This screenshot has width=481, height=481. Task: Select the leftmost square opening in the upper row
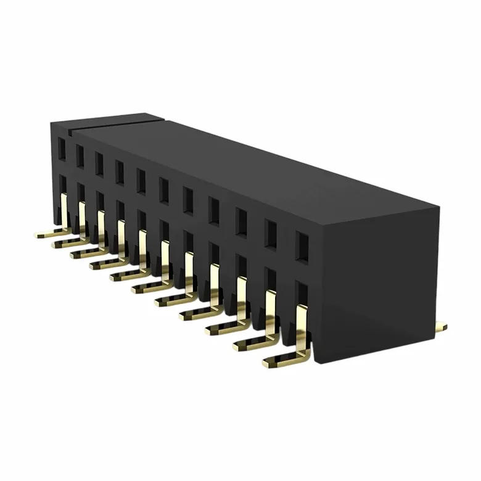coord(61,147)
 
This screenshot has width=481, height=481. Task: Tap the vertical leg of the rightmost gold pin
coord(301,327)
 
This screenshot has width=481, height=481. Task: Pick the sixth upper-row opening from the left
coord(164,189)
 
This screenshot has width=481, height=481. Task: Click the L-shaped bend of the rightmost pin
coord(300,355)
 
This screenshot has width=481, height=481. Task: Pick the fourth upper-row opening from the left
coord(120,171)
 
